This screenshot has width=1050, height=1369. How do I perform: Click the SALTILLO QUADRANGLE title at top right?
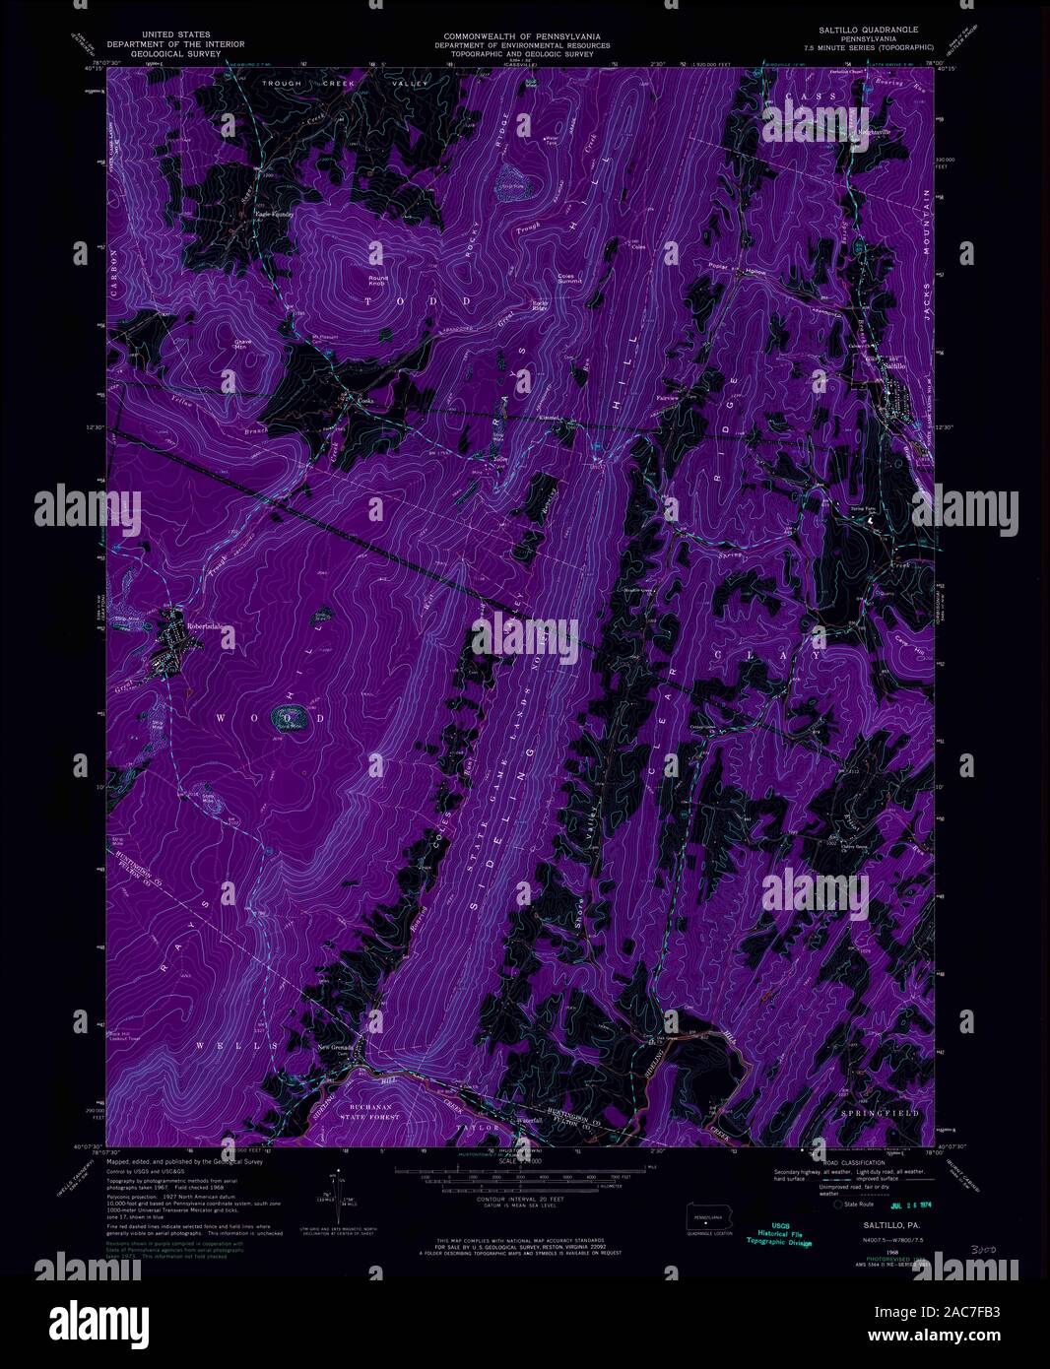point(862,30)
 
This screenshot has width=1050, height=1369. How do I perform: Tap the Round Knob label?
point(378,281)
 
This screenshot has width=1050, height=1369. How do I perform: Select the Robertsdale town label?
point(210,624)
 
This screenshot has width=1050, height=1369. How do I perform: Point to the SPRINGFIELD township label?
point(879,1113)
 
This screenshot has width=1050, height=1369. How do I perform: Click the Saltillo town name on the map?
point(892,365)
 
